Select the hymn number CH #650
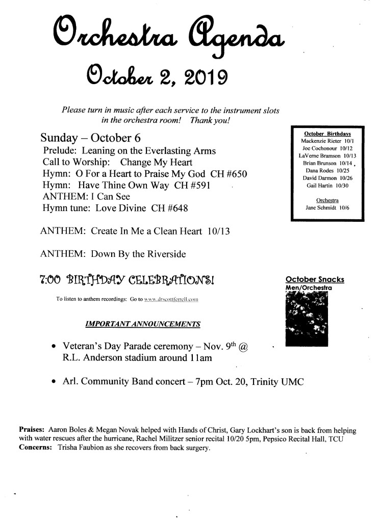[x=229, y=174]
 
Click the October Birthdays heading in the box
[x=326, y=133]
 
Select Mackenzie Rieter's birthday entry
[x=326, y=140]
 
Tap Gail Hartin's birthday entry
[x=326, y=186]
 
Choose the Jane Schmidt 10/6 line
[x=326, y=208]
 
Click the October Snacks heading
[x=315, y=279]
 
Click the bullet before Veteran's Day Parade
[x=54, y=346]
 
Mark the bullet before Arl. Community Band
[x=54, y=381]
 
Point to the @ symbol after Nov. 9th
[x=243, y=346]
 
